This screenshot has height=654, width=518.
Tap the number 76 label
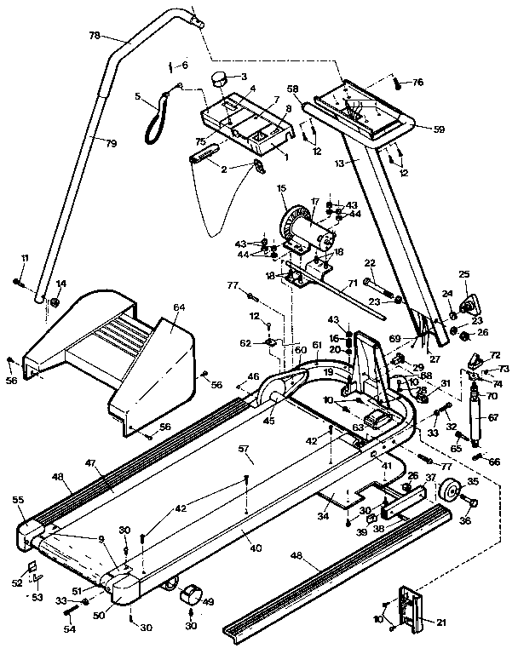[x=417, y=83]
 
